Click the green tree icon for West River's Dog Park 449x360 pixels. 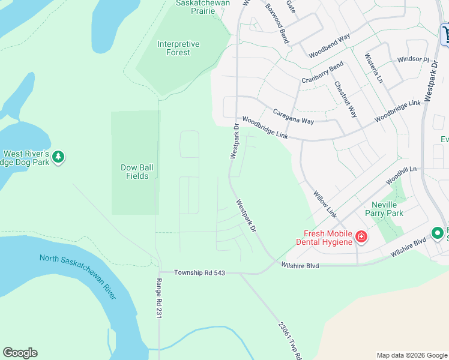click(58, 157)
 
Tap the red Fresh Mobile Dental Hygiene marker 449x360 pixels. click(361, 236)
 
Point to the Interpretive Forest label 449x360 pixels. click(178, 48)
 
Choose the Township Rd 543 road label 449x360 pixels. click(199, 272)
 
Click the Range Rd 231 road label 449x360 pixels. click(160, 298)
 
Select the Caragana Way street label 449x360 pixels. click(294, 112)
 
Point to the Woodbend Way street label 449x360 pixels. click(330, 46)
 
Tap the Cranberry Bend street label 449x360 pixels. click(322, 73)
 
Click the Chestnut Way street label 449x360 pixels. click(346, 100)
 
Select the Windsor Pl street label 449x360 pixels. click(414, 60)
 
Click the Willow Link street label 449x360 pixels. click(325, 204)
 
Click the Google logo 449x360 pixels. click(20, 353)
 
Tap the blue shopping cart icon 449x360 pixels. click(445, 34)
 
